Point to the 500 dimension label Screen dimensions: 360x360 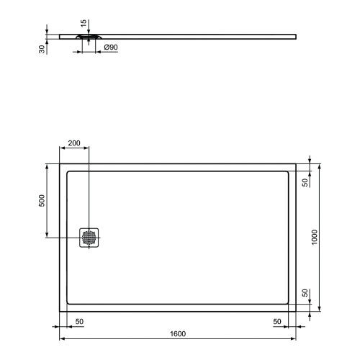coord(41,201)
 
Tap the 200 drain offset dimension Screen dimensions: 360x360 coord(74,144)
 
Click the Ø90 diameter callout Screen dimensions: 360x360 coord(112,48)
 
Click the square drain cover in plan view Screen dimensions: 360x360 coord(89,238)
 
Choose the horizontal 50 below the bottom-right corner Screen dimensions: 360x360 coord(277,320)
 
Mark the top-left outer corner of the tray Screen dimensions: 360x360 coord(59,163)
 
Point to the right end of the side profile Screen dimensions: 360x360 coord(295,35)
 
